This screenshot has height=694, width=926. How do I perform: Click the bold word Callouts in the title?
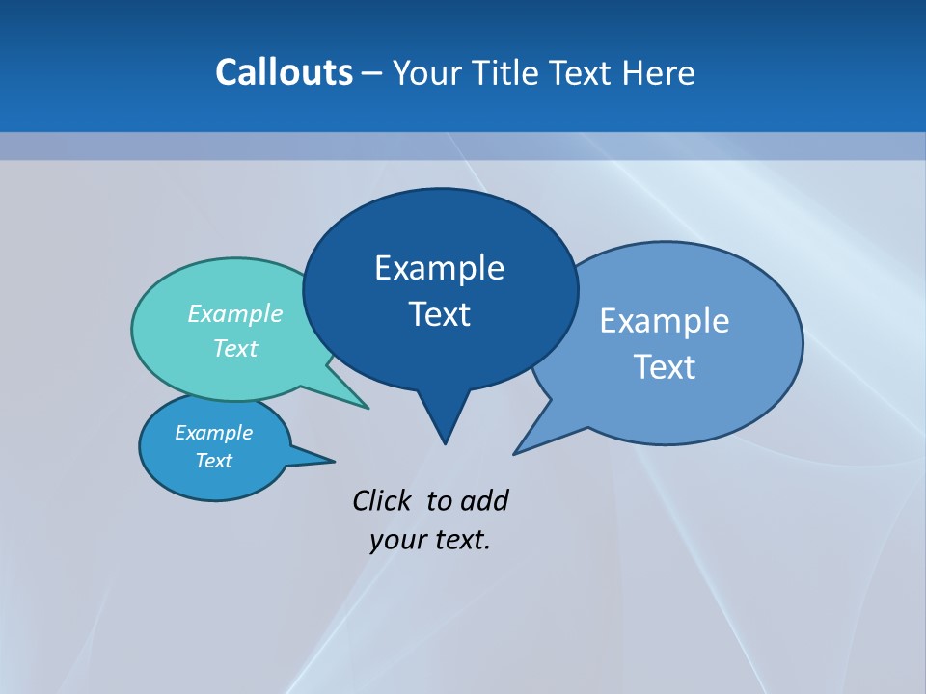[x=284, y=72]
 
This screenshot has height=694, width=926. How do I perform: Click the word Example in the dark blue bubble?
[x=439, y=267]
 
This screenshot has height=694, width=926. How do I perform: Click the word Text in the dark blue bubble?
[x=439, y=314]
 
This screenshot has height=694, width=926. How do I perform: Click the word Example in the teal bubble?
[x=235, y=313]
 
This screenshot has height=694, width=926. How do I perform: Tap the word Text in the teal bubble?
[x=235, y=348]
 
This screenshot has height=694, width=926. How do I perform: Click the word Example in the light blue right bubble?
[x=665, y=320]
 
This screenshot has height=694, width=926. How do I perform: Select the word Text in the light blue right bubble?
[x=665, y=366]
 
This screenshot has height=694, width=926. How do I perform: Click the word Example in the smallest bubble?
[x=213, y=432]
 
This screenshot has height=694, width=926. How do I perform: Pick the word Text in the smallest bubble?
[x=213, y=461]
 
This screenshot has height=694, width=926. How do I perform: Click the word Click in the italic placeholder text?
[x=384, y=500]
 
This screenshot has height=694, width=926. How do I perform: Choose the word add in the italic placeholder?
[x=484, y=500]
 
